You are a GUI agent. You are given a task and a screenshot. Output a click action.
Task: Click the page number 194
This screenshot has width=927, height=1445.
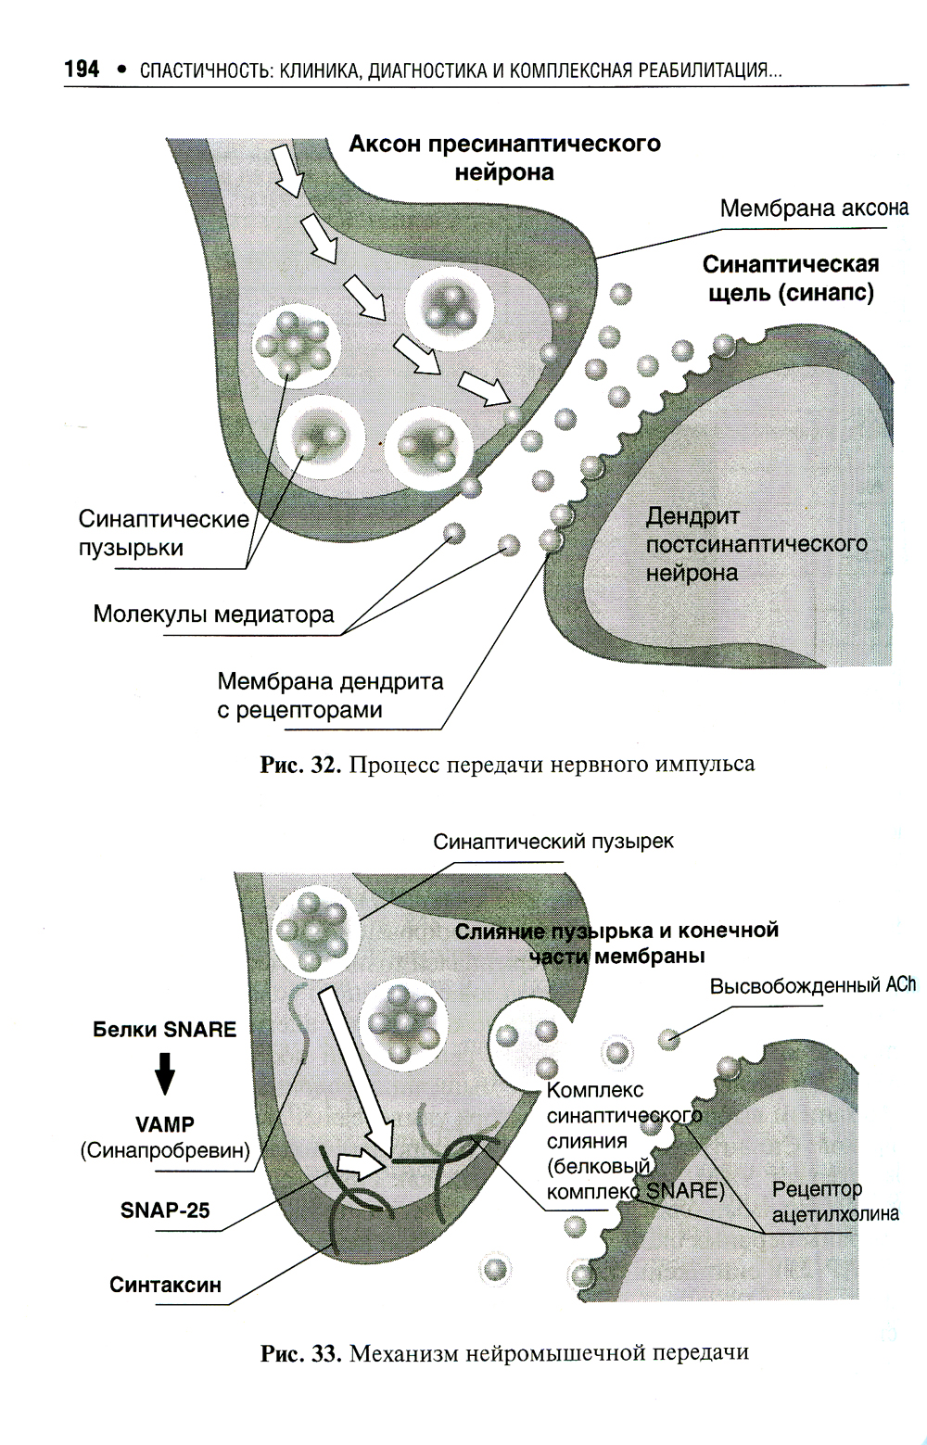82,70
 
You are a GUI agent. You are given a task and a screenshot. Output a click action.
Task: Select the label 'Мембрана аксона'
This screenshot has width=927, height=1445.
813,209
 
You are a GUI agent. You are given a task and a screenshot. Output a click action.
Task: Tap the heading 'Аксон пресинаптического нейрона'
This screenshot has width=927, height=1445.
504,158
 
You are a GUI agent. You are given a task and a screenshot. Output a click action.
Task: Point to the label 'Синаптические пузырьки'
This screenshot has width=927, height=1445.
163,533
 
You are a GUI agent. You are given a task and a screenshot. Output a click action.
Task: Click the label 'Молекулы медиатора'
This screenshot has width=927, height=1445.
213,615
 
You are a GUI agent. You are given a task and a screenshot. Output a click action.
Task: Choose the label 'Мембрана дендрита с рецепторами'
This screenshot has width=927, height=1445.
330,696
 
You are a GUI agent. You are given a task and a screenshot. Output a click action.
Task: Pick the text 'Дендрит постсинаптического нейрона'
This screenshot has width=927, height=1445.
756,544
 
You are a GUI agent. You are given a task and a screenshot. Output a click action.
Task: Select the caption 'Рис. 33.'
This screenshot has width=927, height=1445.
301,1352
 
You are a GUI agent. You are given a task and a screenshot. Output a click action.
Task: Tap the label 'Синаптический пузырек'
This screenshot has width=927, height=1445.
553,842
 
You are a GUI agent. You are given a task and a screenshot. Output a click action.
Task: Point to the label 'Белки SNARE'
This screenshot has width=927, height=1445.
164,1030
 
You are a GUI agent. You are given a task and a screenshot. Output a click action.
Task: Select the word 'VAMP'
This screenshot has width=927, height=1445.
165,1124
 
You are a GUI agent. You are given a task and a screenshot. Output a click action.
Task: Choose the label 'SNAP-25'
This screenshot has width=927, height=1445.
165,1210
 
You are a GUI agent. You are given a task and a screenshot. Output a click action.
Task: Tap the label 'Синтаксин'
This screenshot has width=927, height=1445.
165,1285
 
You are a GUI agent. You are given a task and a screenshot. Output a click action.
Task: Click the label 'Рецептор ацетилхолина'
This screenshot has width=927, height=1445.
834,1201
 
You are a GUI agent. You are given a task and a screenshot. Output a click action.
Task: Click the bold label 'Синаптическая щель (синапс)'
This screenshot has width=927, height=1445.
790,278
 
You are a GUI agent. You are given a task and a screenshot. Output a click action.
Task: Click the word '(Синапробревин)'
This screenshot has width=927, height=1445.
165,1150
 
